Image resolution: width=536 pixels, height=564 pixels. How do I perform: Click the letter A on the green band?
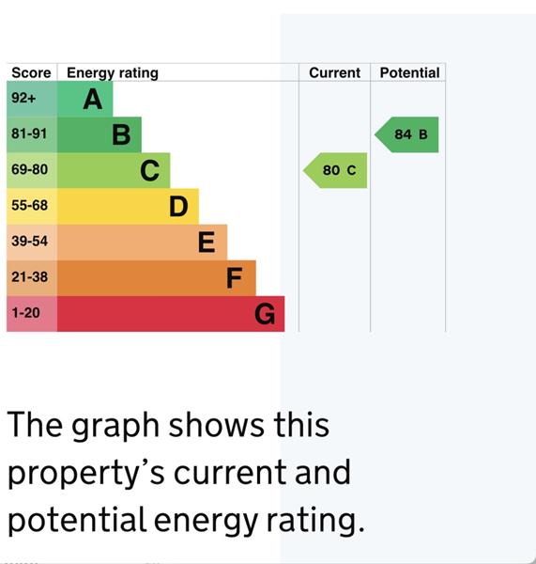92,100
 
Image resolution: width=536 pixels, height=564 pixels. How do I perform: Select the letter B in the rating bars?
121,135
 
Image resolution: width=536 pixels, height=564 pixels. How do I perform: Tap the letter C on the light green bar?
149,171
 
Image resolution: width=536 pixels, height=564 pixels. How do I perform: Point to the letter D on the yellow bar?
178,207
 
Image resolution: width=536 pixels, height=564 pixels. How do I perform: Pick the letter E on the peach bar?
207,243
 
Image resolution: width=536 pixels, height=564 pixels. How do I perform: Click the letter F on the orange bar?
235,278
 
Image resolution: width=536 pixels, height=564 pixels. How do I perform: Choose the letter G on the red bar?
265,314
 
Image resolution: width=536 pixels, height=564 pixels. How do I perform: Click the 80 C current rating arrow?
336,171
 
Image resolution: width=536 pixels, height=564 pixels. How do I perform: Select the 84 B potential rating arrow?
407,135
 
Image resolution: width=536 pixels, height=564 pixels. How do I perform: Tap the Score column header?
31,72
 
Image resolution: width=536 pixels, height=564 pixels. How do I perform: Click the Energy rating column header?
113,72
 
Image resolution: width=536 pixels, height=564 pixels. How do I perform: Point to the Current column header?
334,72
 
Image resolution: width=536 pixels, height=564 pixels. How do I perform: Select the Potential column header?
409,72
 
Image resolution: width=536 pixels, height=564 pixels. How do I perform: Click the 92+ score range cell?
25,99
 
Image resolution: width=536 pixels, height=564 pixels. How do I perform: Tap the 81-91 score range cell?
29,134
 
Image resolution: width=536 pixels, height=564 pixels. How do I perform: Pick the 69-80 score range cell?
29,170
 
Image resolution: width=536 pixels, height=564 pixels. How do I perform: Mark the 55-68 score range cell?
29,206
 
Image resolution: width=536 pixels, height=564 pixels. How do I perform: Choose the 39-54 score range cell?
29,242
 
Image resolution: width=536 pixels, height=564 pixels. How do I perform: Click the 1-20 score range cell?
26,313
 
